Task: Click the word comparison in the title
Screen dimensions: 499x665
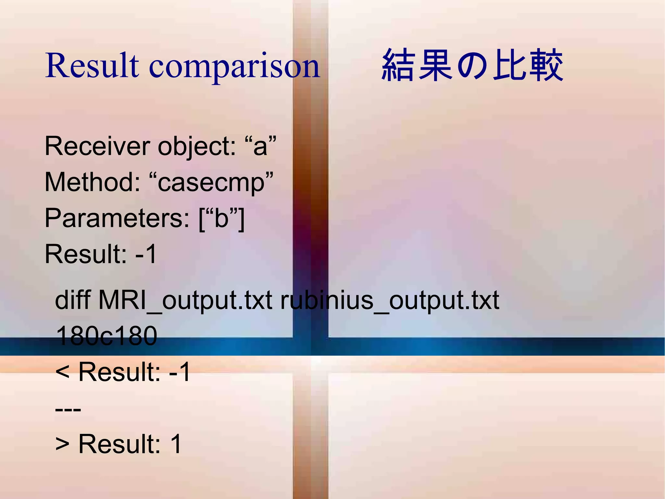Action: coord(234,67)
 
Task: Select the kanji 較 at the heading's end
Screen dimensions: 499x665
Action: coord(546,65)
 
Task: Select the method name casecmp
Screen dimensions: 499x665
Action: coord(211,183)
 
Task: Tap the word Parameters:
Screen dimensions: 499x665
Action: coord(117,218)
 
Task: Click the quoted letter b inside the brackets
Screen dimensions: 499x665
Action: coord(221,218)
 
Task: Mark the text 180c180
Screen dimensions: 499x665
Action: coord(107,336)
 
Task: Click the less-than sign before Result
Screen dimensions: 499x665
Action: coord(62,372)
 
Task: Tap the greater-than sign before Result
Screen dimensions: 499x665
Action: coord(62,444)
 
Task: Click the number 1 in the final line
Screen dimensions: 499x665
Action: coord(176,444)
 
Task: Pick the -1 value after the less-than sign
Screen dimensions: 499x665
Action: coord(180,372)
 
